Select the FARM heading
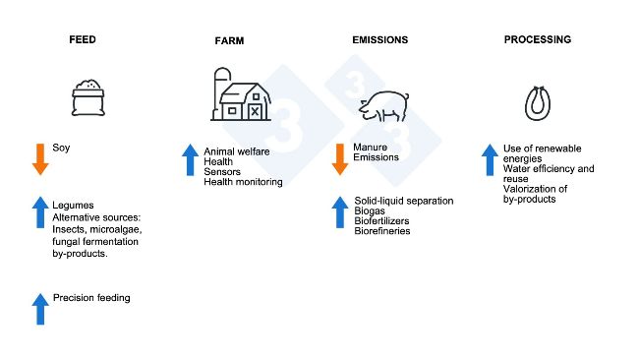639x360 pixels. pos(230,41)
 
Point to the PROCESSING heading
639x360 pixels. pos(537,40)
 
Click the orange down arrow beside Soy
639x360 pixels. pos(40,158)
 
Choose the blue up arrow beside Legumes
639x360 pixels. pos(40,211)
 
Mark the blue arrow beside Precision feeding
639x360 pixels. pos(40,309)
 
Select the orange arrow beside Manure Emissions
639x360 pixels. pos(340,158)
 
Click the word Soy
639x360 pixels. pos(61,149)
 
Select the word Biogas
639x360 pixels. pos(369,210)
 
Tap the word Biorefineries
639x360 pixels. pos(381,231)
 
